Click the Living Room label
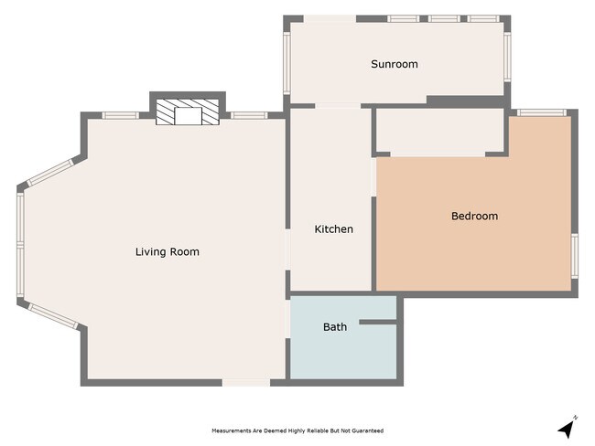167,251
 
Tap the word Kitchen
333,228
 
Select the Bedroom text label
474,216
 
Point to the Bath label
334,326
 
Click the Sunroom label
394,64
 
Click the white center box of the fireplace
189,115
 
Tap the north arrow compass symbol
568,427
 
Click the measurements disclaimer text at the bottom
297,430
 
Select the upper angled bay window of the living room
51,174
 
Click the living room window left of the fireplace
120,115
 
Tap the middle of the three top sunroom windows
444,18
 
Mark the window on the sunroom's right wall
508,58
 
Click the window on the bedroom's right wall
574,254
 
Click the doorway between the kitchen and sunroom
312,107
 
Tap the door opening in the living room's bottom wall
246,382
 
